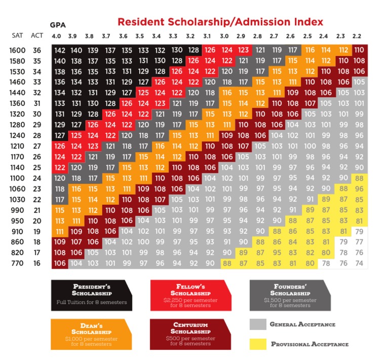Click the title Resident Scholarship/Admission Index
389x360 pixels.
pos(220,22)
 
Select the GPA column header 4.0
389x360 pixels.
pos(57,36)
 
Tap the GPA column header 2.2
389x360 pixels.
pos(357,36)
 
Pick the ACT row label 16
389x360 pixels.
pos(37,263)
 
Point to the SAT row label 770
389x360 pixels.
pos(18,263)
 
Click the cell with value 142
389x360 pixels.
pos(59,50)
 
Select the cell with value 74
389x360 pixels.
pos(359,263)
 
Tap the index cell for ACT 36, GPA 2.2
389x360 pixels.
pos(359,50)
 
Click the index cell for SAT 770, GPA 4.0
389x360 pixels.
pos(59,263)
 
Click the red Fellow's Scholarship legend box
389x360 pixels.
pos(191,295)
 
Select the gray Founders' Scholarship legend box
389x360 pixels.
pos(291,295)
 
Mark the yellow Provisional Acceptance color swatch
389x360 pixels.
pos(258,344)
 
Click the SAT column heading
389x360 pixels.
pos(17,35)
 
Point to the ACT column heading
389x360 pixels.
pos(36,35)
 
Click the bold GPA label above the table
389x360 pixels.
pos(58,24)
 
